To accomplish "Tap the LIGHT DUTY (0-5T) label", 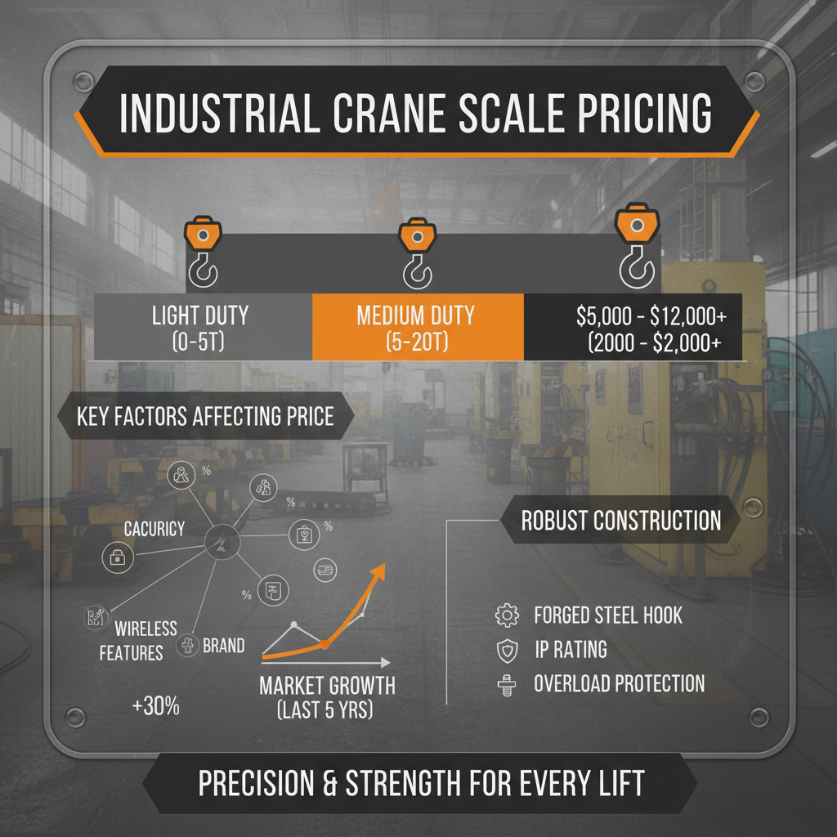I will [x=200, y=327].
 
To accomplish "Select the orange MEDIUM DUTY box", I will [x=417, y=327].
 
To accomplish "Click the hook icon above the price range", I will [x=636, y=249].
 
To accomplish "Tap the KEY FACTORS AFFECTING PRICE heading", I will [x=205, y=416].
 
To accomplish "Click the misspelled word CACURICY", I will [x=154, y=529].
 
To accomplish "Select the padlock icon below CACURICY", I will [x=114, y=557].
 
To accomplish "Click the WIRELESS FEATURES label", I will [x=139, y=640].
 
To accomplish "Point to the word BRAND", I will [x=223, y=646].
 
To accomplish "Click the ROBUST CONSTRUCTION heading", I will [x=621, y=521].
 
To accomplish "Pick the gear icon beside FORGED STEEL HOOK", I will [x=507, y=615].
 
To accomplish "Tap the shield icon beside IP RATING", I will [x=507, y=650].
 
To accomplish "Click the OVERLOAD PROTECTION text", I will [x=619, y=683].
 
